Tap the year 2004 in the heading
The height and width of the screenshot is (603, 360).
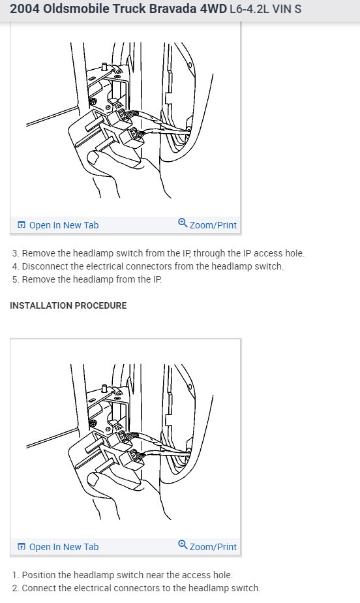pyautogui.click(x=24, y=10)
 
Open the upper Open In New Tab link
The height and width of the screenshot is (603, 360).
pyautogui.click(x=63, y=225)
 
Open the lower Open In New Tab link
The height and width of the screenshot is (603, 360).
pyautogui.click(x=63, y=547)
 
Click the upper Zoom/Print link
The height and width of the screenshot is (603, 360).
pyautogui.click(x=213, y=225)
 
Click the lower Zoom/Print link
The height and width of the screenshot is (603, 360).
pyautogui.click(x=213, y=547)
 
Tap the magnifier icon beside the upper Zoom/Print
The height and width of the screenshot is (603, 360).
pyautogui.click(x=183, y=224)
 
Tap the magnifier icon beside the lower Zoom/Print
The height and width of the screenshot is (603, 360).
pyautogui.click(x=183, y=546)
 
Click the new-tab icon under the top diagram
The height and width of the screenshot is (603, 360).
pyautogui.click(x=22, y=225)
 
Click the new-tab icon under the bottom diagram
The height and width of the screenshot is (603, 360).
pyautogui.click(x=22, y=547)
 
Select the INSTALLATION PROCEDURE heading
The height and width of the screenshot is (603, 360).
pyautogui.click(x=68, y=305)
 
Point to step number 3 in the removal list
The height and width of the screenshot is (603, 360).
pyautogui.click(x=15, y=253)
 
